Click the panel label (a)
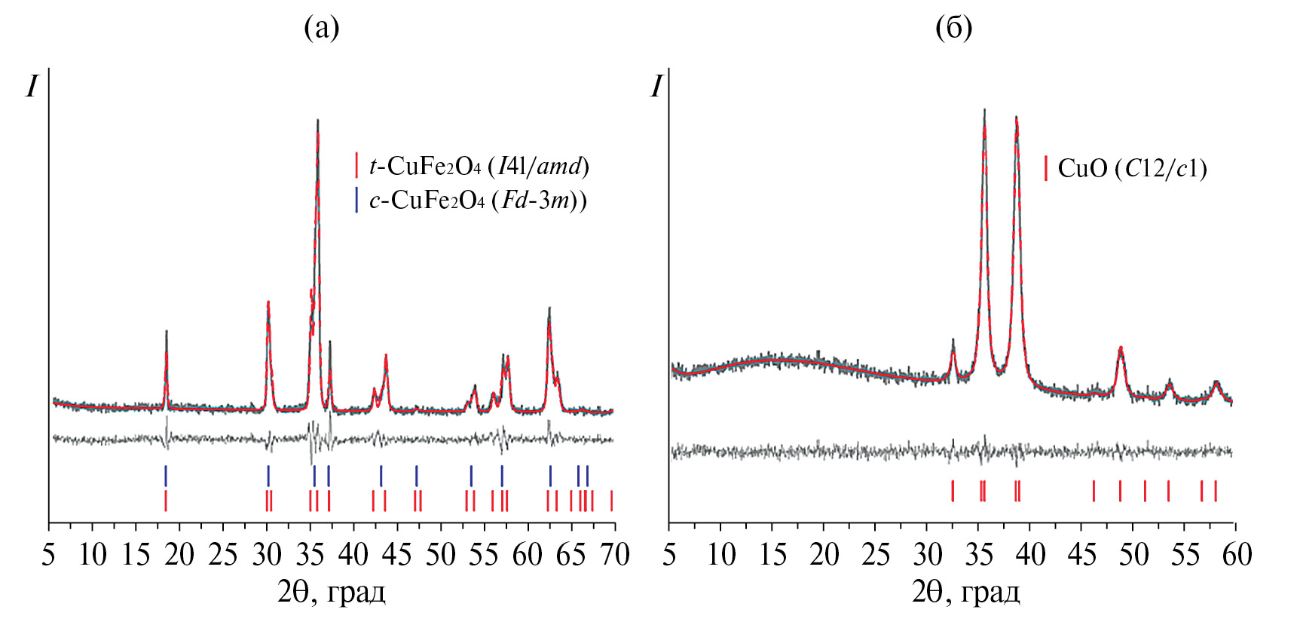point(322,28)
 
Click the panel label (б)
point(953,28)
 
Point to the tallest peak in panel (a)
point(317,121)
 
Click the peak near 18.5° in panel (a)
point(166,332)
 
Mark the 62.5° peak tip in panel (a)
point(549,309)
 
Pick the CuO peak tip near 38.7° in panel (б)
point(1017,118)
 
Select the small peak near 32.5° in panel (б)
point(953,341)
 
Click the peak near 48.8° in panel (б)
point(1121,348)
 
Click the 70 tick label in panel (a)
point(614,556)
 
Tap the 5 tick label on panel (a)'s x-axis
point(49,556)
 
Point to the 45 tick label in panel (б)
point(1082,556)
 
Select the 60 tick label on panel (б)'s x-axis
point(1236,556)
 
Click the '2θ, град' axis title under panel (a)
point(332,593)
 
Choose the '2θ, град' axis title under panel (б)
point(966,593)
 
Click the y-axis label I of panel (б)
point(656,87)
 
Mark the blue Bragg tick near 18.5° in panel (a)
point(166,476)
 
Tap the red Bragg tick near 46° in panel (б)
point(1094,491)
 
